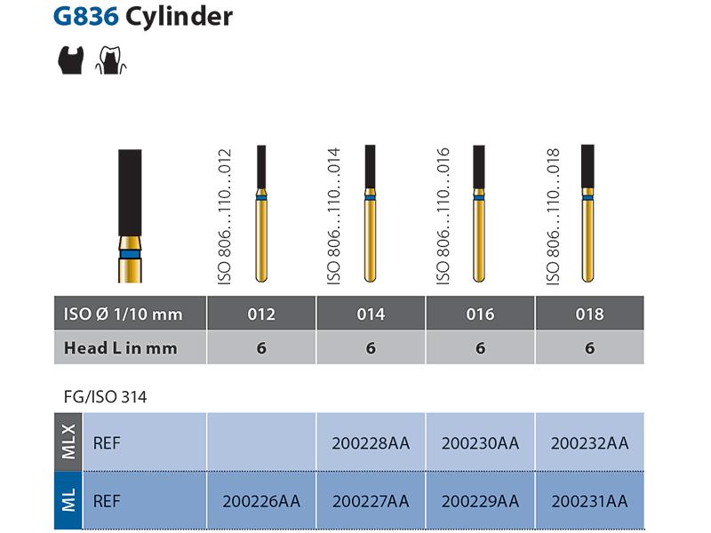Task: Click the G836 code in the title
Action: pyautogui.click(x=85, y=17)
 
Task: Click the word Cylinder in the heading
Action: pyautogui.click(x=179, y=17)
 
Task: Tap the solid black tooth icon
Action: pyautogui.click(x=71, y=60)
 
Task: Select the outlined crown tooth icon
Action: pyautogui.click(x=110, y=60)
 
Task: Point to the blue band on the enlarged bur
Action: pyautogui.click(x=130, y=254)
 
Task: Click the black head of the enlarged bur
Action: pyautogui.click(x=130, y=193)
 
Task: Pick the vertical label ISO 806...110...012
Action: pyautogui.click(x=225, y=217)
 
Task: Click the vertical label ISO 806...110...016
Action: pyautogui.click(x=443, y=216)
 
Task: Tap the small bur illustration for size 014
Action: pyautogui.click(x=370, y=213)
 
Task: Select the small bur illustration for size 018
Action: pyautogui.click(x=587, y=213)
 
